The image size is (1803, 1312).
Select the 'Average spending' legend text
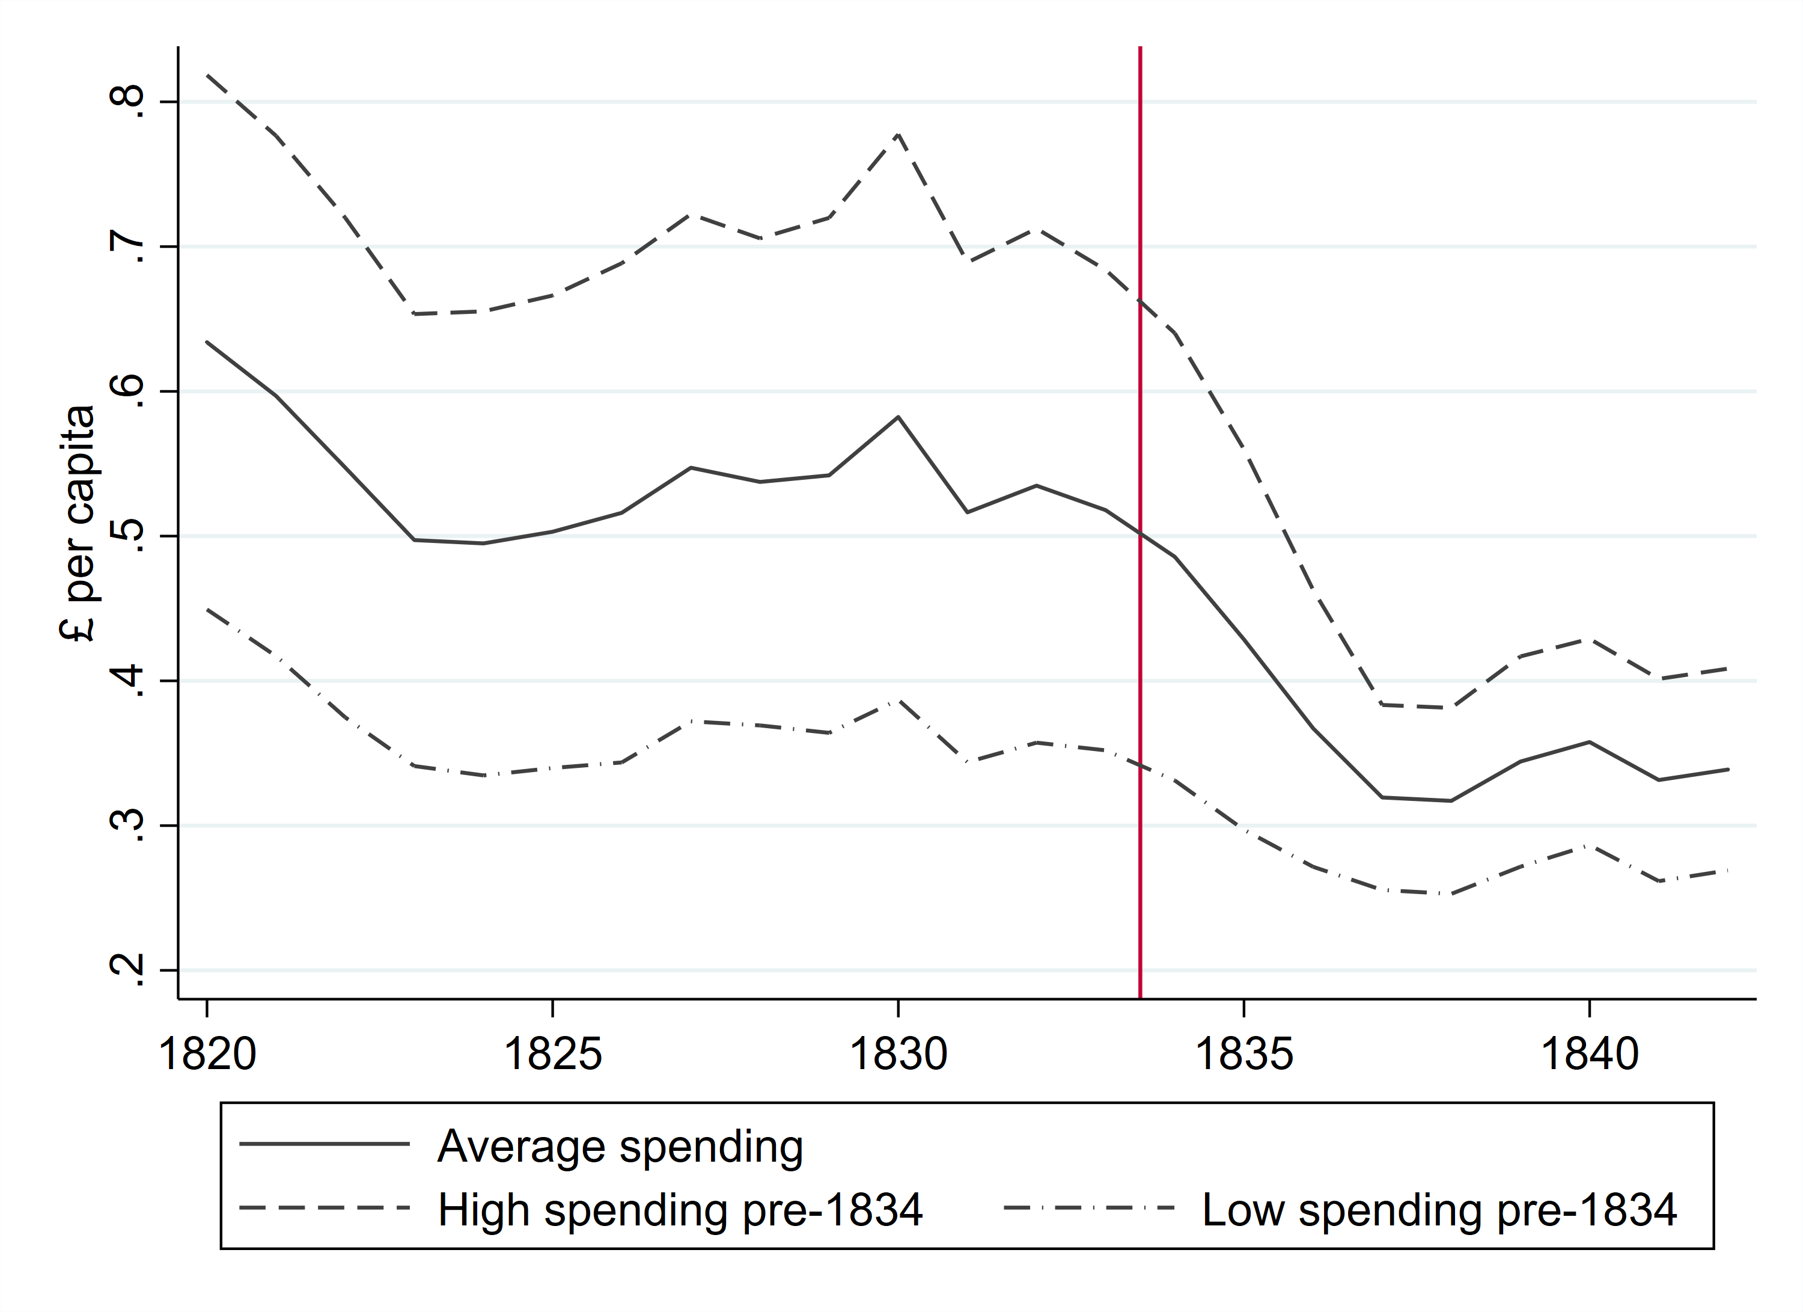point(620,1146)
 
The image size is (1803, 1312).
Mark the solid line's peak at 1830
point(898,417)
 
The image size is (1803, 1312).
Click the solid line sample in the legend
point(325,1144)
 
